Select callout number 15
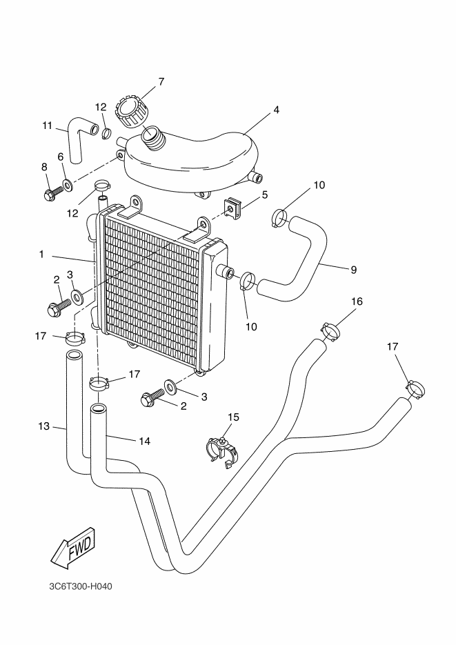click(x=233, y=417)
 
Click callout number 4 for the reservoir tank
click(x=275, y=110)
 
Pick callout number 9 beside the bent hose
click(x=353, y=270)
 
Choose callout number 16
click(x=357, y=302)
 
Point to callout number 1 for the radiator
click(x=41, y=255)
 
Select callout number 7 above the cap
click(x=161, y=81)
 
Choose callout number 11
click(x=47, y=126)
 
